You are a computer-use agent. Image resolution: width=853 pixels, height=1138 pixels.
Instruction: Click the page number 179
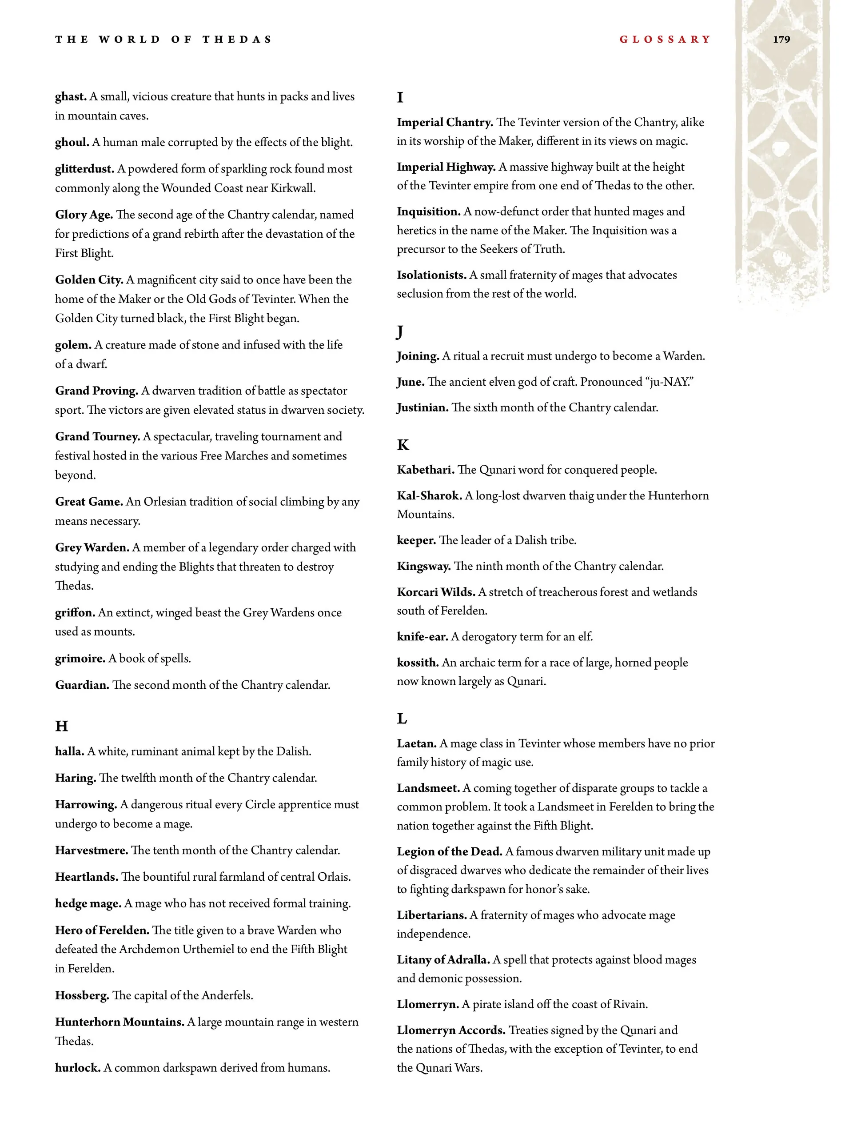tap(781, 40)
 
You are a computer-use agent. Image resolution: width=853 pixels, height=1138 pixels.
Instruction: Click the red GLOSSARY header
tap(665, 40)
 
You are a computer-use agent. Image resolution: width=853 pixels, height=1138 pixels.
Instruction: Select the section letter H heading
tap(61, 726)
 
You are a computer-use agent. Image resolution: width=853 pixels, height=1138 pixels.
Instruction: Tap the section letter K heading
tap(403, 444)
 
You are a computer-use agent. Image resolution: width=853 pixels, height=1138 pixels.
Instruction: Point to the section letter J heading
tap(400, 332)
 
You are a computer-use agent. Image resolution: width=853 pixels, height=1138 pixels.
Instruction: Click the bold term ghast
tap(71, 97)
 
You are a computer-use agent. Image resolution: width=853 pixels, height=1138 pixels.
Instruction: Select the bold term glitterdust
tap(85, 169)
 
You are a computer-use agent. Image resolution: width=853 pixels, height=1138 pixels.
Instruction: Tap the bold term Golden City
tap(89, 280)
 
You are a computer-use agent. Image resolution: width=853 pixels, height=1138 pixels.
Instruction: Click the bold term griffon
tap(75, 612)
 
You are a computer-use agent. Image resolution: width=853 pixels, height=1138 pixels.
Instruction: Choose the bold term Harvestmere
tap(92, 850)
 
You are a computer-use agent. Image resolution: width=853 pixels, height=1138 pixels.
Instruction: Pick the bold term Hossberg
tap(82, 995)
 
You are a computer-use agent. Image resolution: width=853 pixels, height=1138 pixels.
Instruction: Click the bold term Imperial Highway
tap(446, 167)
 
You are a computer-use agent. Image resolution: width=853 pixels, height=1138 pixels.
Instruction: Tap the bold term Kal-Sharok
tap(430, 495)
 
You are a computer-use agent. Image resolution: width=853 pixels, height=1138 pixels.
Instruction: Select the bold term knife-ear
tap(423, 636)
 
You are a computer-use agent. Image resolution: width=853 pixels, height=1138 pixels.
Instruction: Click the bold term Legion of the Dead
tap(450, 851)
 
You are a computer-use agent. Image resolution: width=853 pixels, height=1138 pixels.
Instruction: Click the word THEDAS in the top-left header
tap(237, 40)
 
